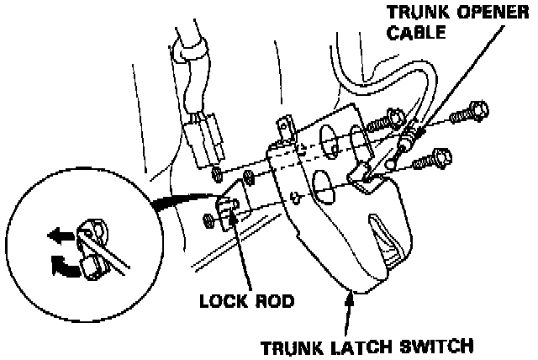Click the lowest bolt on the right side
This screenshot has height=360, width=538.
pos(440,156)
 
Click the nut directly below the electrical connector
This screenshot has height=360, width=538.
pos(218,174)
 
